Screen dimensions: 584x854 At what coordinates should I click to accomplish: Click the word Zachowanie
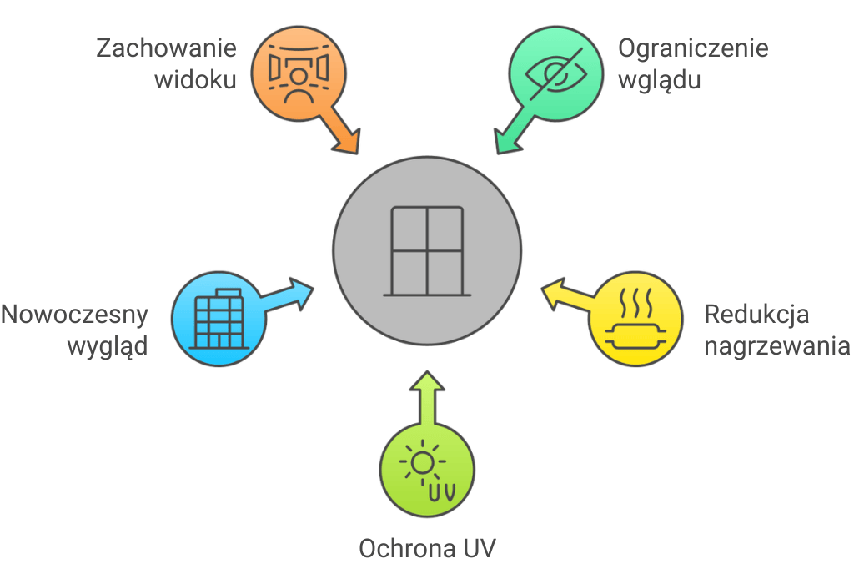(166, 48)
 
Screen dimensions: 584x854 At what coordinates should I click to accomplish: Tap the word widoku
(198, 80)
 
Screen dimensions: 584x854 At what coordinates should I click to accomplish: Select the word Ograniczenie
(693, 48)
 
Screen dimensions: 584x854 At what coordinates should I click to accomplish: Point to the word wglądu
(659, 81)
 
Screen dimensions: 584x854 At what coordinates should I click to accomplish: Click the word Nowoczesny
(74, 315)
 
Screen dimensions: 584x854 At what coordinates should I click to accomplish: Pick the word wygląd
(106, 346)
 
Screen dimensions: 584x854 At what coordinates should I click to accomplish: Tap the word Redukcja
(757, 315)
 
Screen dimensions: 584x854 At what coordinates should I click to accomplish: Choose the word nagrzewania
(776, 346)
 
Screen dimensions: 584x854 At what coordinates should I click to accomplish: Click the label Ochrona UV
(427, 549)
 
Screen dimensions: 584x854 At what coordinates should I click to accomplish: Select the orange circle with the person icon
(296, 73)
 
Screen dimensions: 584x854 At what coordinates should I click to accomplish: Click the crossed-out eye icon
(556, 73)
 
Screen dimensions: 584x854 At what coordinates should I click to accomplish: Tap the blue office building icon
(218, 318)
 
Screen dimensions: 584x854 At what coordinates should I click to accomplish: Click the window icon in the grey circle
(427, 251)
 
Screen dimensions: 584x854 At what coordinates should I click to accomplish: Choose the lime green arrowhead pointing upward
(427, 382)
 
